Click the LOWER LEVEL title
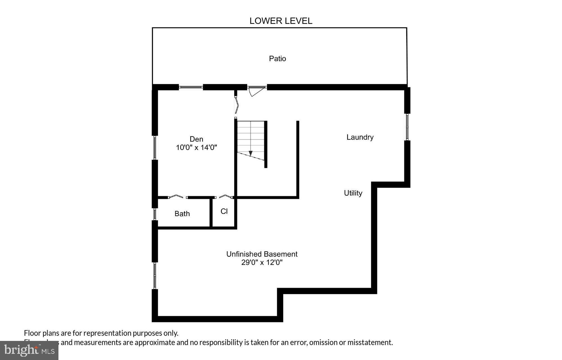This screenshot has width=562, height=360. coord(281,21)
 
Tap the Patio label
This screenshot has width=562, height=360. coord(277,58)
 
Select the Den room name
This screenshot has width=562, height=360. coord(196,139)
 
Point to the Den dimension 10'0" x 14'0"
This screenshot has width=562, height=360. coord(196,147)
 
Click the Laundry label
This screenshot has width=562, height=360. coord(360,137)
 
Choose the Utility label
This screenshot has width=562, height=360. coord(353,193)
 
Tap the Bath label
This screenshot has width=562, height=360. coord(182,214)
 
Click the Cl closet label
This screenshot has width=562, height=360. coord(224,211)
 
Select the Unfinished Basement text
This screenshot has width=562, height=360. coord(262,254)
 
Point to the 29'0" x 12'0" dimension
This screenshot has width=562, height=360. coord(262,263)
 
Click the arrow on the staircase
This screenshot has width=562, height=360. coord(250,153)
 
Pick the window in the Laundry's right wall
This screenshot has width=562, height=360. coord(407,127)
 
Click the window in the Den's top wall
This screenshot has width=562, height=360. coord(191,87)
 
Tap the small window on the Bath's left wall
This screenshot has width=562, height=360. coord(155,214)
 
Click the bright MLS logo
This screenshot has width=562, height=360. coord(29,350)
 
